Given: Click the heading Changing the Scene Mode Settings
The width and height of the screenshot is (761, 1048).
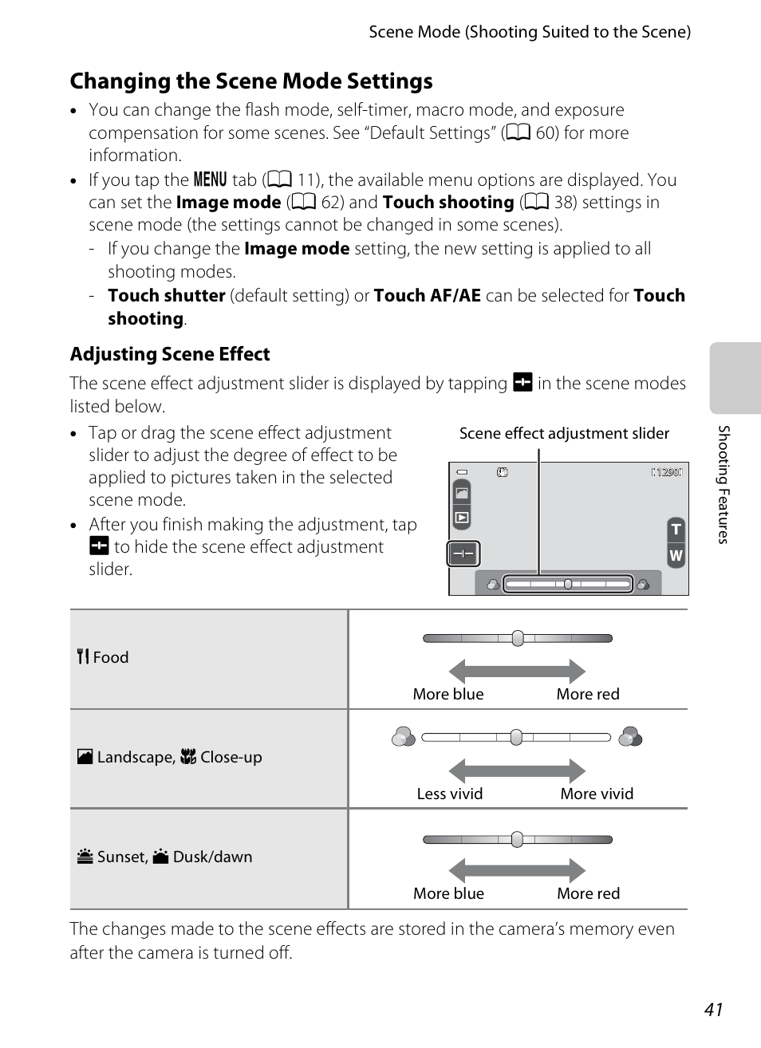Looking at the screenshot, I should tap(251, 81).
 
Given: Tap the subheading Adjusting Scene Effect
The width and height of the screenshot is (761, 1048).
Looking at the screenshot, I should tap(170, 354).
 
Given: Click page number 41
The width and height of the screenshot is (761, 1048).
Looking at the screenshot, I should tap(713, 1009).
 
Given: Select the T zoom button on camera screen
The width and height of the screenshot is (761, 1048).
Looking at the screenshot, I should tap(676, 530).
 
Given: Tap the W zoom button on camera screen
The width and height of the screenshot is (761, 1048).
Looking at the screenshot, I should tap(676, 556).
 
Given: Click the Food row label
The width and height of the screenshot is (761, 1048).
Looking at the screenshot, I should tap(110, 657).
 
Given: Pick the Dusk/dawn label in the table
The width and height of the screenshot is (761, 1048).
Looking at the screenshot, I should tap(212, 857).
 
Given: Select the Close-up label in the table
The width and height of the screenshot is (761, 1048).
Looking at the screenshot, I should tap(231, 757).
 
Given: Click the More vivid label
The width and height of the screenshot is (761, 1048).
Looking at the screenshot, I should tap(597, 794).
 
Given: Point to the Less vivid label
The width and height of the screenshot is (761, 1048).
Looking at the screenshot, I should tap(450, 794).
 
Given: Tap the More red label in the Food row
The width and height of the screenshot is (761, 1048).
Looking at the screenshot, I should tap(588, 694).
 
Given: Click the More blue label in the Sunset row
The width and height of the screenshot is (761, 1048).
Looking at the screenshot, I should tap(448, 893).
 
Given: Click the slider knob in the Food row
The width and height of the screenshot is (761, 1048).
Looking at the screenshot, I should tap(518, 638).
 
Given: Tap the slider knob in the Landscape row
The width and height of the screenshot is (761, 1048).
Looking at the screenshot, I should tap(516, 737).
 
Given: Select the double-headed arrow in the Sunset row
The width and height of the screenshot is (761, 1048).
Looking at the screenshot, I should tap(517, 870).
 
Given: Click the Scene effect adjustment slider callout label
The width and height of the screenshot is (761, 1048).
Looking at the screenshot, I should tap(564, 433).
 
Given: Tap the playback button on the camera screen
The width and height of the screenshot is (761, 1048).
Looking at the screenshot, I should tap(462, 518).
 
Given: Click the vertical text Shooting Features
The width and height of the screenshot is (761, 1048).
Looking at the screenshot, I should tap(724, 484).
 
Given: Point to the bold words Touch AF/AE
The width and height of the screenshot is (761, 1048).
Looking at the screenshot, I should tap(427, 296).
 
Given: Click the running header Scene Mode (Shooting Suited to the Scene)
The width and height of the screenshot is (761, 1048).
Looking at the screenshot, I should tap(530, 32).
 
